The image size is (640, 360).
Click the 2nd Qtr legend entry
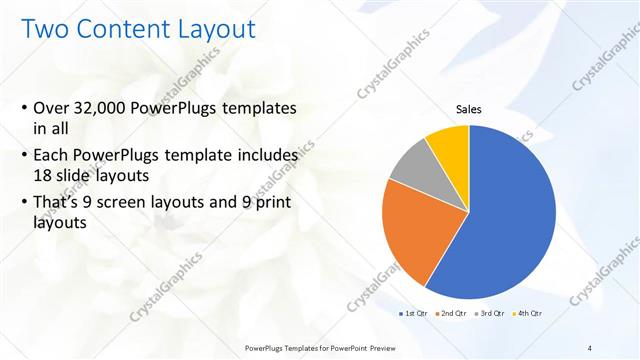click(x=451, y=314)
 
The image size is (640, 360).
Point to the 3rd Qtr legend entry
click(x=490, y=314)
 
